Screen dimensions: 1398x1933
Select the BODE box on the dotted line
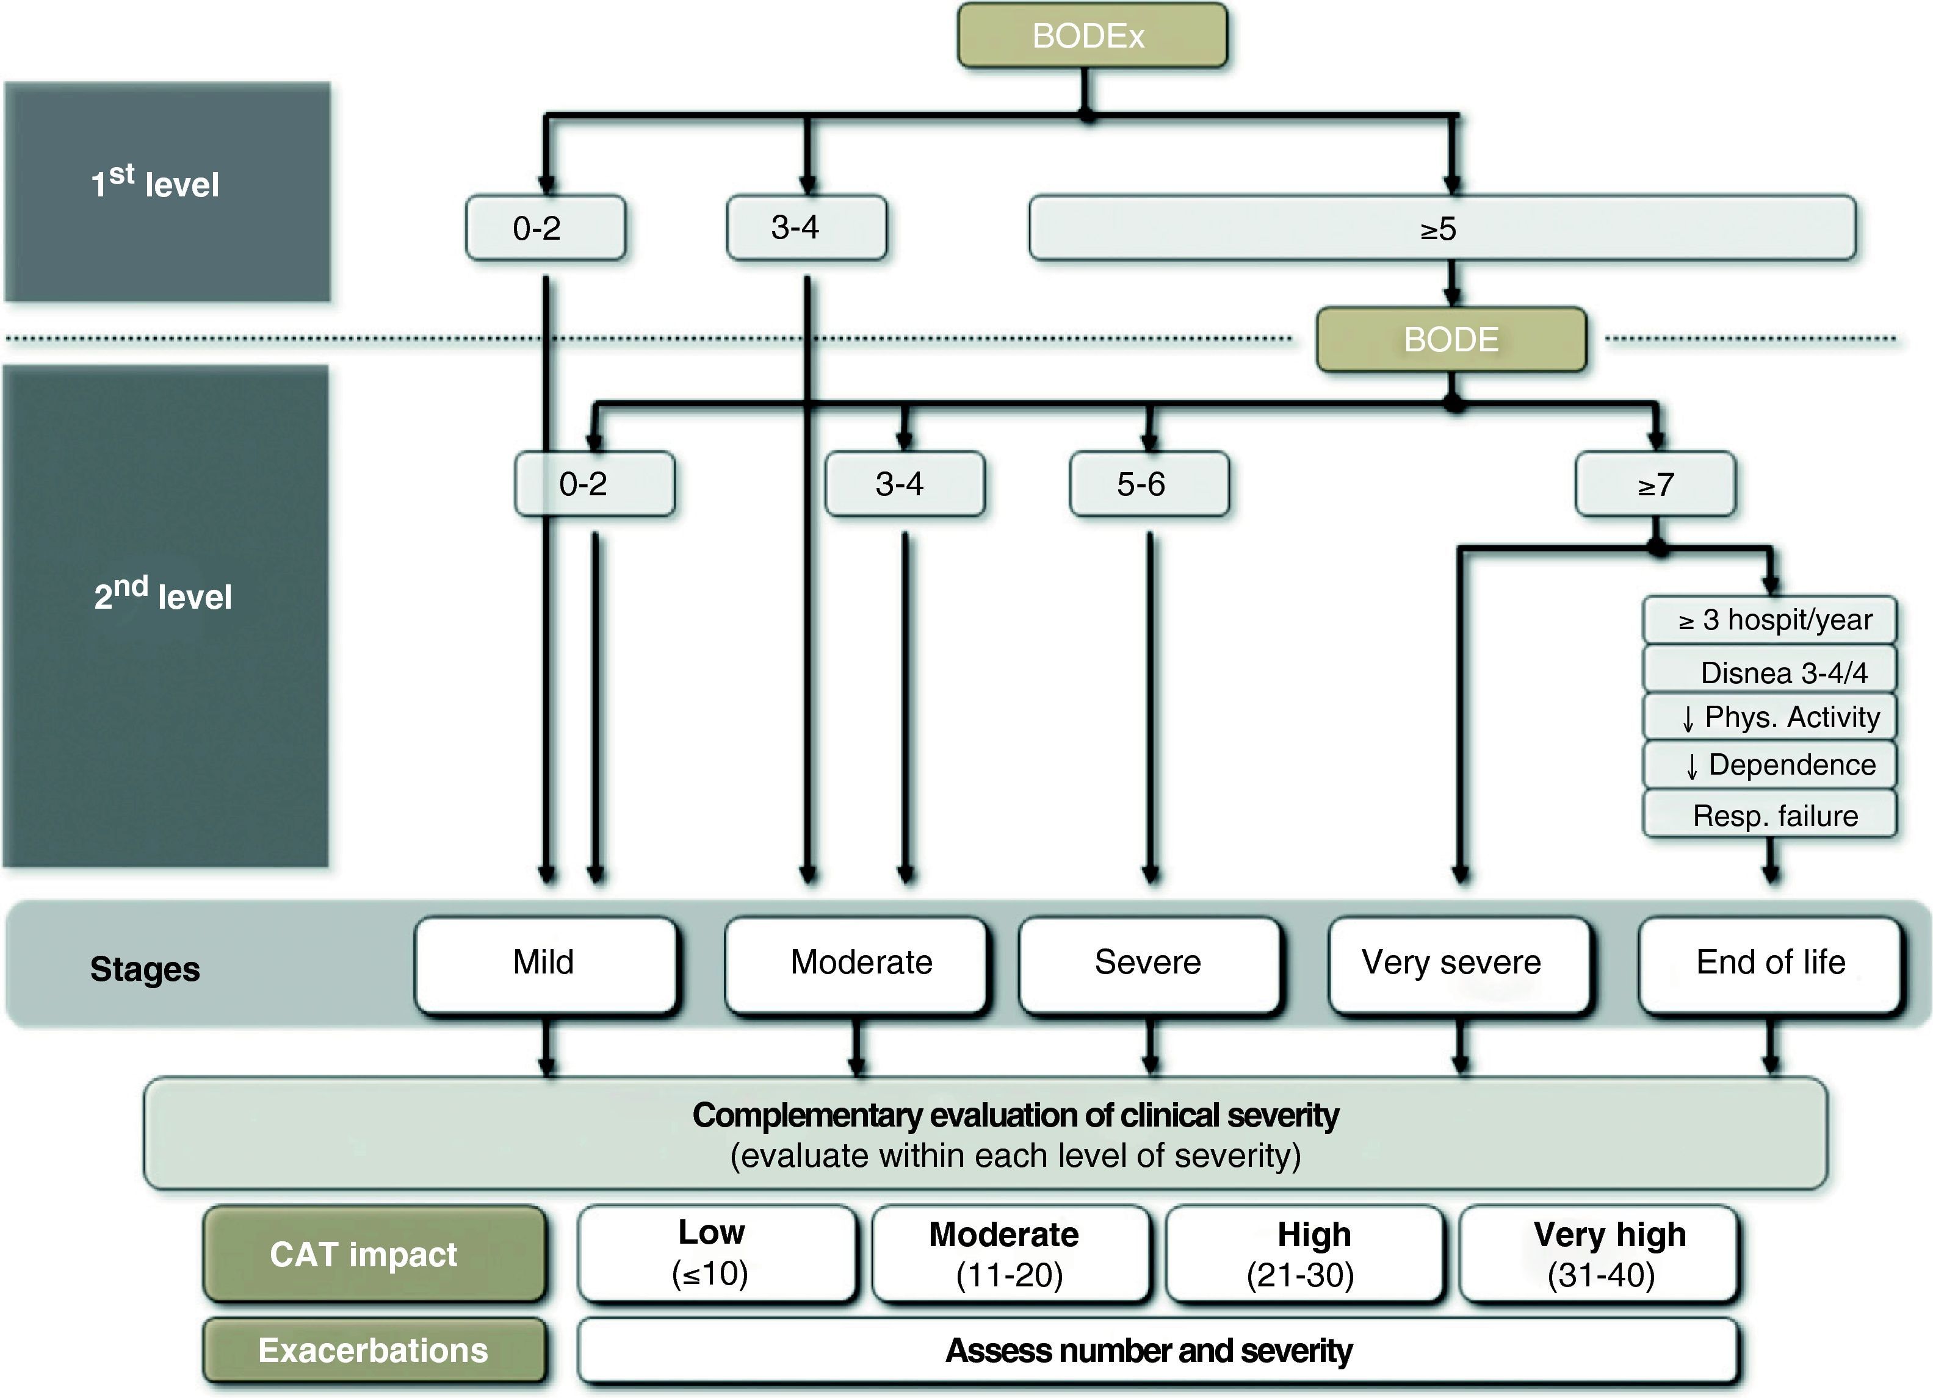tap(1451, 339)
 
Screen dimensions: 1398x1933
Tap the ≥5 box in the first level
tap(1441, 228)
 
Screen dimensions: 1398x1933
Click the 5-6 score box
tap(1148, 484)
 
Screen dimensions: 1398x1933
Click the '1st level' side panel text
tap(156, 183)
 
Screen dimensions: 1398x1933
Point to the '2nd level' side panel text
tap(163, 595)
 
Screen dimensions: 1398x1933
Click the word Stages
tap(145, 969)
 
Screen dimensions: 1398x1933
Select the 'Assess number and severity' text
tap(1148, 1350)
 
